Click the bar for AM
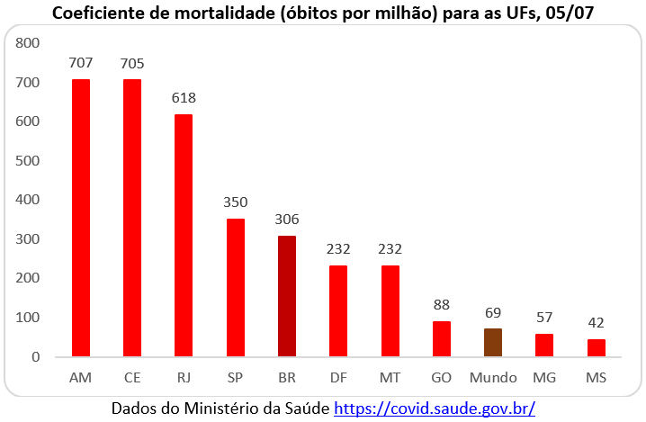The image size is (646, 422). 80,218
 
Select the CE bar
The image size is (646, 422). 132,218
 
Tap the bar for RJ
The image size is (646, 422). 184,235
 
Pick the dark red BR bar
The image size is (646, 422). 287,296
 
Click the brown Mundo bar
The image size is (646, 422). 493,343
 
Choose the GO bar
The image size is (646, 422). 442,339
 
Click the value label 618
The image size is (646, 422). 184,98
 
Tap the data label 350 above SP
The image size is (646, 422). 236,202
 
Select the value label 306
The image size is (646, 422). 287,220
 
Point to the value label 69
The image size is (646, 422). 493,312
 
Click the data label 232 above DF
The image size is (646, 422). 338,249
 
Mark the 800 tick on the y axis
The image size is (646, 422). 29,43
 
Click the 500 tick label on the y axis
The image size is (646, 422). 29,161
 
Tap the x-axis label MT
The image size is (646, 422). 390,377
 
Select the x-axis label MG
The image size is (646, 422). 544,377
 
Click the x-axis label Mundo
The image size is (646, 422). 493,377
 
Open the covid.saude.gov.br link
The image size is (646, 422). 435,409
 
